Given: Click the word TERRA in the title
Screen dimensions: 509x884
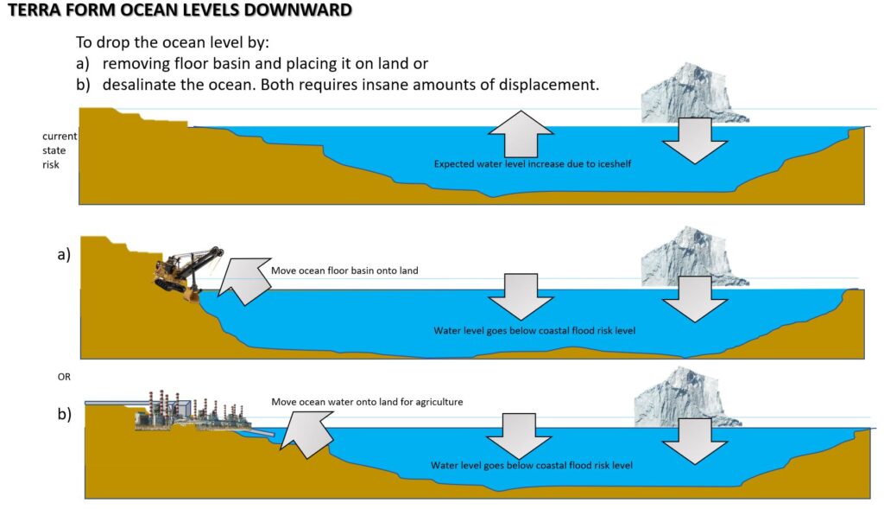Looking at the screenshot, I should pos(34,11).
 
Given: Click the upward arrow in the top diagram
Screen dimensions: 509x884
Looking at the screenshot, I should pos(521,135).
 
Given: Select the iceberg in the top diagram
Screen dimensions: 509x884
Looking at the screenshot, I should pos(693,92).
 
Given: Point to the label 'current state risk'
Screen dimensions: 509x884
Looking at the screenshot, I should pos(60,150).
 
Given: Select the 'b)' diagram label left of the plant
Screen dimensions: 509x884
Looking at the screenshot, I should pos(64,414).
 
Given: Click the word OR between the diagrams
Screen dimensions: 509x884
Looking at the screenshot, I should pos(64,377).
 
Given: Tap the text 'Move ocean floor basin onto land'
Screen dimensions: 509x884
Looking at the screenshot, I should pos(344,270).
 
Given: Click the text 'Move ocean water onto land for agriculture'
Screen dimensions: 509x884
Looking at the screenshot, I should pos(367,402).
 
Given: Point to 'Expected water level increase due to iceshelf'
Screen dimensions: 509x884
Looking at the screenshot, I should pos(533,163).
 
